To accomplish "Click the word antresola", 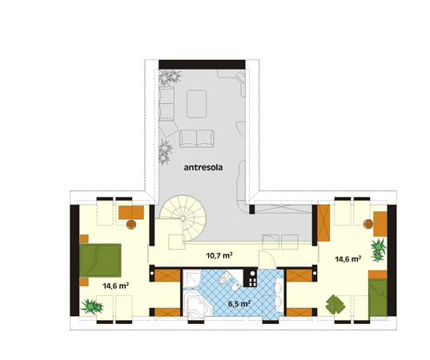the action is tap(203, 167).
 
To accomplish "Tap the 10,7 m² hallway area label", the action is tap(219, 256).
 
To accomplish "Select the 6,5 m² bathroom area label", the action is tap(239, 304).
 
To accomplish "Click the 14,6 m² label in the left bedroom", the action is tap(116, 286).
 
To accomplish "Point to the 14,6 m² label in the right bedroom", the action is tap(348, 258).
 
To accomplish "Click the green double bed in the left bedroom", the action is tap(100, 260).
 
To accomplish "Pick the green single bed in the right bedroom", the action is tap(378, 298).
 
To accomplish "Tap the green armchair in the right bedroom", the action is tap(336, 305).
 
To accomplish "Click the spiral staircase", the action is tap(183, 218).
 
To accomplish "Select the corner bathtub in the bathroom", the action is tap(197, 304).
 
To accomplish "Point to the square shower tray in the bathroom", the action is tap(192, 278).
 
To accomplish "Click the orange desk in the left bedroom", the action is tap(131, 212).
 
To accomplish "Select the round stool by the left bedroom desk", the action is tap(131, 224).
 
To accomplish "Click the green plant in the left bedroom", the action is tap(92, 306).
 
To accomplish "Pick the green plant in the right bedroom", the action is tap(379, 250).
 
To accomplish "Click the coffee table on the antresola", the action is tap(197, 104).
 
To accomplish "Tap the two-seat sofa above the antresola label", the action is tap(197, 138).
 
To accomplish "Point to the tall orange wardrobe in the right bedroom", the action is tap(324, 222).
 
